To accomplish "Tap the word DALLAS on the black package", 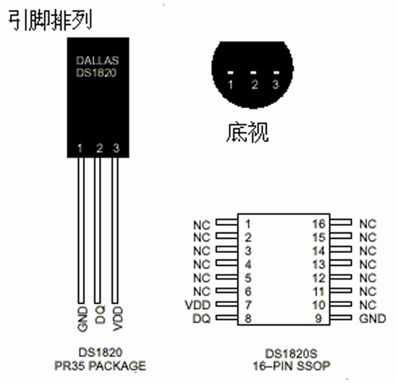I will [97, 61].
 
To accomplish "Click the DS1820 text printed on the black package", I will [96, 73].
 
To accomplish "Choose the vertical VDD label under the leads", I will [117, 318].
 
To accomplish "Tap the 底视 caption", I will [247, 132].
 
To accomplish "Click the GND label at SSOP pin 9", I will [372, 318].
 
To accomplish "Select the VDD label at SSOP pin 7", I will [197, 305].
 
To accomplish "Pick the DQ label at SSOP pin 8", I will [201, 318].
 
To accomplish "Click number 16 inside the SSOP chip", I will [318, 224].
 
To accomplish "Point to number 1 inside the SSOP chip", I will [248, 224].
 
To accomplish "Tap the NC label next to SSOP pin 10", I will [368, 305].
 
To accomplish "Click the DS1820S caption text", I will [291, 354].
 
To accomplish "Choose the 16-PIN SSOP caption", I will [291, 366].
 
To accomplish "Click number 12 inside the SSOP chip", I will [318, 278].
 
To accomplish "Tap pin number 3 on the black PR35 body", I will [116, 148].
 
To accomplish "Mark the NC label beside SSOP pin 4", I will [201, 265].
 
